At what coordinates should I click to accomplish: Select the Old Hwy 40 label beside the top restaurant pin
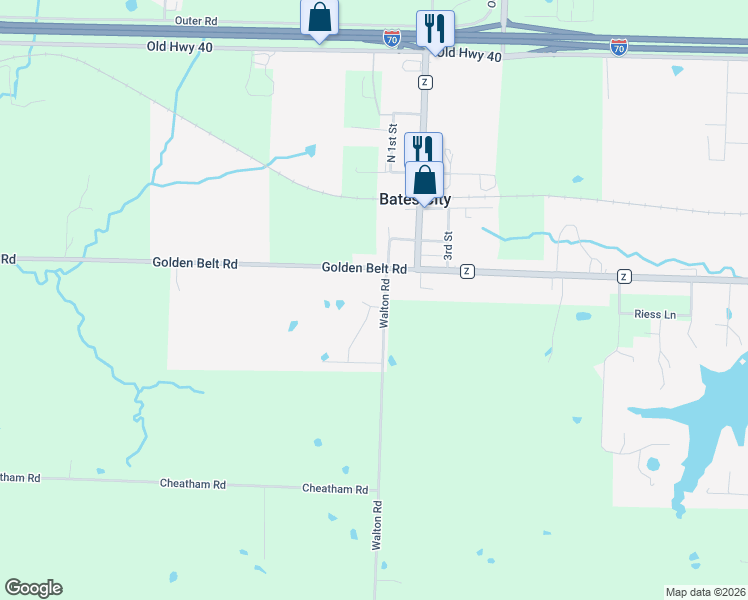[469, 56]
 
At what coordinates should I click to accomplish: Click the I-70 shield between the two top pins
[392, 37]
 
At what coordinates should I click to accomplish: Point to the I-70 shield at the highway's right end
[619, 47]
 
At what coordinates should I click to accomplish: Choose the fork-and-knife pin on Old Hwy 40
[434, 29]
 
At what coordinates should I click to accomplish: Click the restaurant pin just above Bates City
[423, 149]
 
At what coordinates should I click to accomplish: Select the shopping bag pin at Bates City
[424, 181]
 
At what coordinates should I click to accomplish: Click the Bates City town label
[415, 199]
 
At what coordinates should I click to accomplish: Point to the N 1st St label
[393, 143]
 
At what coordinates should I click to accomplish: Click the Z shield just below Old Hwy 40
[426, 81]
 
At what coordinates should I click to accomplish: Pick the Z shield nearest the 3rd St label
[466, 272]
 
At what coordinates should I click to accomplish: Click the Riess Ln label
[655, 314]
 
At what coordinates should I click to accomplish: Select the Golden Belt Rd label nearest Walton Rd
[364, 269]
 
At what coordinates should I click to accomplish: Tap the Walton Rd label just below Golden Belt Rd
[383, 304]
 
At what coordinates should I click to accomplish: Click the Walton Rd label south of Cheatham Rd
[377, 524]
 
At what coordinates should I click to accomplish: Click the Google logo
[33, 588]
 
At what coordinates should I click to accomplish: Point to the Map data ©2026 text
[706, 592]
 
